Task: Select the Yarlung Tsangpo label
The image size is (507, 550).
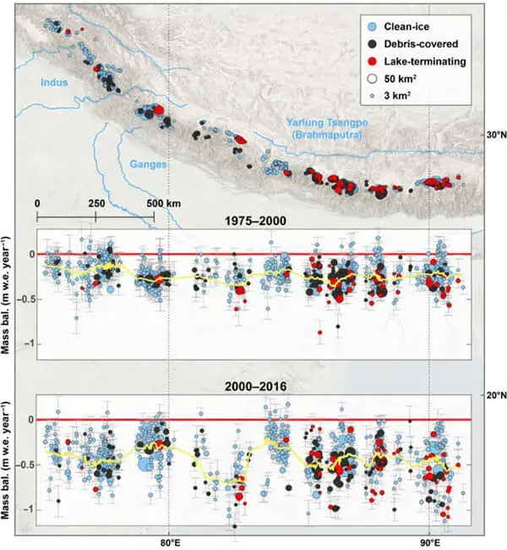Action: point(326,124)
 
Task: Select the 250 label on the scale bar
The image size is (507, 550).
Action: point(95,205)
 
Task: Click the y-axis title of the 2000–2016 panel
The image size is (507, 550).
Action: point(8,460)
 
